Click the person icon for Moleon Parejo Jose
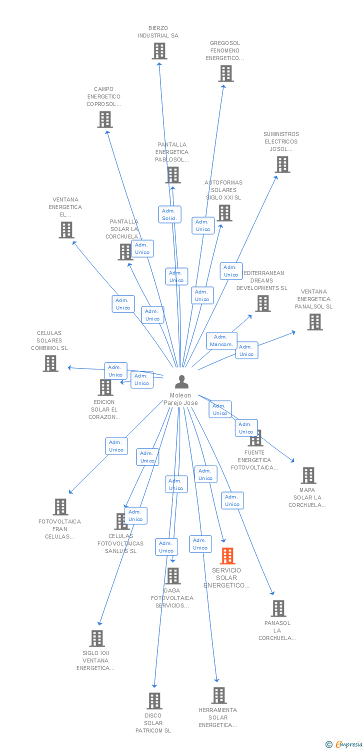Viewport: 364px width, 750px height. pyautogui.click(x=181, y=382)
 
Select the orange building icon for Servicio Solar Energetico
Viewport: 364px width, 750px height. pyautogui.click(x=227, y=555)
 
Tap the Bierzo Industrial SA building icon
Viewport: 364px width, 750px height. pyautogui.click(x=159, y=51)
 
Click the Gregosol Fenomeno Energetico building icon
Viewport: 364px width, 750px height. pyautogui.click(x=225, y=73)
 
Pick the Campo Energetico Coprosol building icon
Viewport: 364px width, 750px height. pyautogui.click(x=104, y=119)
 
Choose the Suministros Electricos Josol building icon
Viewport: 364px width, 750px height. pyautogui.click(x=282, y=164)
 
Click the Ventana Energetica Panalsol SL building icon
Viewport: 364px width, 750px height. pyautogui.click(x=314, y=322)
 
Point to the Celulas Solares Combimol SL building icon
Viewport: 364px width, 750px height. pyautogui.click(x=50, y=363)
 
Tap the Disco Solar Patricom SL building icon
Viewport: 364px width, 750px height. pyautogui.click(x=154, y=701)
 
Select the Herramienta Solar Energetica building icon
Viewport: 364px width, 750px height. pyautogui.click(x=218, y=695)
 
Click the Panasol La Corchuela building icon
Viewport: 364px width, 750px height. pyautogui.click(x=278, y=608)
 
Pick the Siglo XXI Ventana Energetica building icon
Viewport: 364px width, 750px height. pyautogui.click(x=96, y=638)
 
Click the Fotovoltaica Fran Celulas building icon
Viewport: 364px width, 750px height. pyautogui.click(x=60, y=507)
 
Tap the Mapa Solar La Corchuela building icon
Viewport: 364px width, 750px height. pyautogui.click(x=308, y=475)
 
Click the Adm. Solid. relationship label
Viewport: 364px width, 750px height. pyautogui.click(x=169, y=214)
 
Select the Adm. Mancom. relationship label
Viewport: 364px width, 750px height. pyautogui.click(x=221, y=340)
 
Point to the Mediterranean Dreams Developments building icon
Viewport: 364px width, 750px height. pyautogui.click(x=262, y=303)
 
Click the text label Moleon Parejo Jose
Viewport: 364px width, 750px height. pyautogui.click(x=180, y=399)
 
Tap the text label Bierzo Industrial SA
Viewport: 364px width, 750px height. pyautogui.click(x=158, y=32)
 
